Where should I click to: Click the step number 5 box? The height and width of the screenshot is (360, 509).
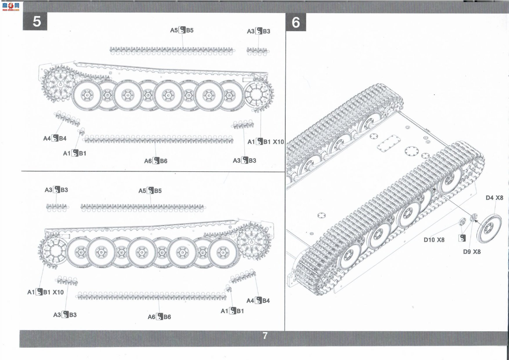(35, 21)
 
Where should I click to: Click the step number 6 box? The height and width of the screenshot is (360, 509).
(296, 22)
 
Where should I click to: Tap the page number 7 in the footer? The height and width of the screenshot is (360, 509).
(265, 336)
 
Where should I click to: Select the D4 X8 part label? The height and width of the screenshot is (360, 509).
(494, 198)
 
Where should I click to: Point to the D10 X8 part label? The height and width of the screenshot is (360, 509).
(434, 240)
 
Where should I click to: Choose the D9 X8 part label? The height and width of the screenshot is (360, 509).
(472, 252)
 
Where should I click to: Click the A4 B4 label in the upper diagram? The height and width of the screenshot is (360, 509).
(55, 138)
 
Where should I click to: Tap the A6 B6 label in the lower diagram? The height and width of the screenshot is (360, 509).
(159, 317)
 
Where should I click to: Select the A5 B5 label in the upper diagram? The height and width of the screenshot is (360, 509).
(182, 30)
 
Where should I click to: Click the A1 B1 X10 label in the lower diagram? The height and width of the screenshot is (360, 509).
(45, 292)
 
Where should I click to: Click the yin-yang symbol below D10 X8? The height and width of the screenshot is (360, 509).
(462, 238)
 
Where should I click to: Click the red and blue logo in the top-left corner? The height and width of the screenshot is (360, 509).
(10, 6)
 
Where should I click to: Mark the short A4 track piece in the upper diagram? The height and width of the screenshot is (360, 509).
(67, 119)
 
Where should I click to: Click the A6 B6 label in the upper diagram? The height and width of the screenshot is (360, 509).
(156, 161)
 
